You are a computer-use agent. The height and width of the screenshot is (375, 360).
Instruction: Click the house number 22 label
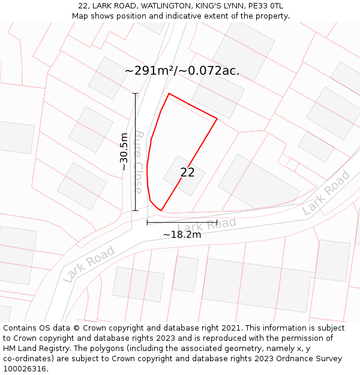[x=187, y=173]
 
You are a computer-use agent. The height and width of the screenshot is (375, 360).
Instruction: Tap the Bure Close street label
[x=138, y=161]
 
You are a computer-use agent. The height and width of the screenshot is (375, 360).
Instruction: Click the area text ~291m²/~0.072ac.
[x=182, y=71]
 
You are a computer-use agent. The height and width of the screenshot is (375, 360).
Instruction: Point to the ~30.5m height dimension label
[x=124, y=152]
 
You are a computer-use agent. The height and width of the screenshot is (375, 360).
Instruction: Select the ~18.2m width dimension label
[x=182, y=235]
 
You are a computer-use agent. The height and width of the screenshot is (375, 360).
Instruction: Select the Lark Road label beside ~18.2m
[x=207, y=224]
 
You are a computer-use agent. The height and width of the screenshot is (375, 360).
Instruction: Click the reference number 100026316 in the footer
[x=25, y=369]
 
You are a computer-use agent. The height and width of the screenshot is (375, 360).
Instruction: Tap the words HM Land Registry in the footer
[x=31, y=349]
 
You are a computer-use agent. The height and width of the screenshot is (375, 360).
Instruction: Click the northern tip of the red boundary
[x=169, y=94]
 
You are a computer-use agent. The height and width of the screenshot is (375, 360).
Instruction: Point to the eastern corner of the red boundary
[x=217, y=119]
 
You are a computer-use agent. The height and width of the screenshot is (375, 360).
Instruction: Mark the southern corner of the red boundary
[x=161, y=211]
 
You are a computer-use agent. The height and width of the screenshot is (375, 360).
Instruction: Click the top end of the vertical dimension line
[x=136, y=94]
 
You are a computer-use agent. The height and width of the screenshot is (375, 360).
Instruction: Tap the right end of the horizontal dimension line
[x=217, y=223]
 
